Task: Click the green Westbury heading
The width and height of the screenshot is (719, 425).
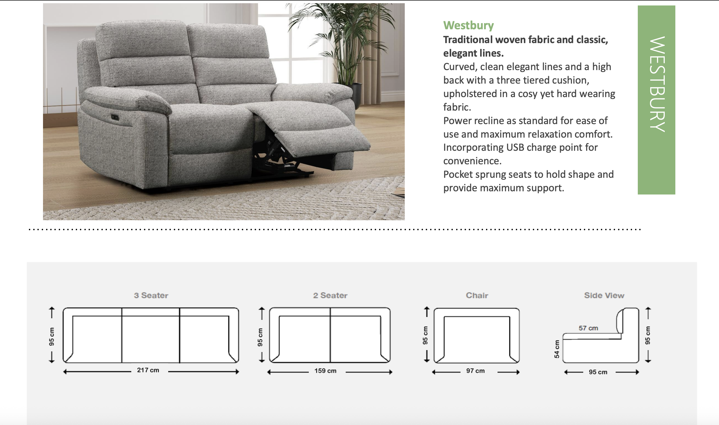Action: coord(468,25)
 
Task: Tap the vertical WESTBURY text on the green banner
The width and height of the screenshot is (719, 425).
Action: coord(657,84)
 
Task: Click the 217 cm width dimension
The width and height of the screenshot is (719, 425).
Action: coord(148,370)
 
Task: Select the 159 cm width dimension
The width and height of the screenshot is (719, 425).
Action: coord(325,371)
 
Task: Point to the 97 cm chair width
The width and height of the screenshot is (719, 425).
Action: coord(475,371)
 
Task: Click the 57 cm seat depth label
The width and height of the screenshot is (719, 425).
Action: coord(588,328)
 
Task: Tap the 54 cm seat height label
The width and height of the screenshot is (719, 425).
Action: coord(557,349)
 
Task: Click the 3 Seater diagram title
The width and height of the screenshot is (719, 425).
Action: coord(151,295)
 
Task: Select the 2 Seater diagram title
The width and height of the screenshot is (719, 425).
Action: coord(330,295)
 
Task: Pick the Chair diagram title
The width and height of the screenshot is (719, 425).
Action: coord(477,295)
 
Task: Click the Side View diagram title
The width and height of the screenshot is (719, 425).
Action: coord(604,295)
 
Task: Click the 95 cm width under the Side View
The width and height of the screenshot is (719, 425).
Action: coord(598,372)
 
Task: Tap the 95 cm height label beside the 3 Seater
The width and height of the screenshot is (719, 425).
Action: coord(52,337)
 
